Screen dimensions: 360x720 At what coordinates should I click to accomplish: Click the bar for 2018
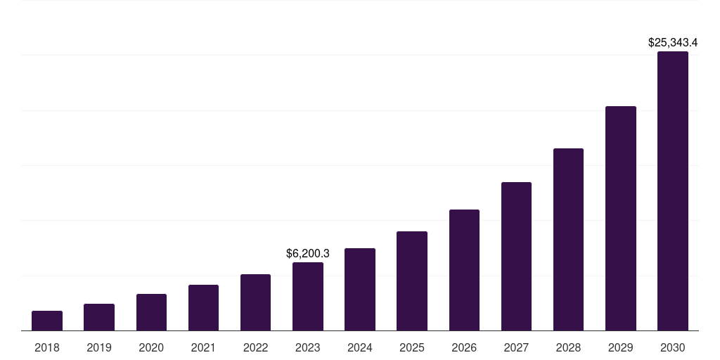47,321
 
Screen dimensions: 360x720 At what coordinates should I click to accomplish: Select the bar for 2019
99,317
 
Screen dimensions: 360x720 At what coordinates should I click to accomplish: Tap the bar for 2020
151,312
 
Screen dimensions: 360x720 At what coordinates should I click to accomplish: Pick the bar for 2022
255,302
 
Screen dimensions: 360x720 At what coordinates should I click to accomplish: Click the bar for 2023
308,296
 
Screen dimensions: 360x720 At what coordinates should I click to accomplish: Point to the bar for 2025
412,281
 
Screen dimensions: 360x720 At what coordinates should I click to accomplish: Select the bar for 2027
516,256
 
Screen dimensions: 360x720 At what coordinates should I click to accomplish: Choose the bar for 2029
621,218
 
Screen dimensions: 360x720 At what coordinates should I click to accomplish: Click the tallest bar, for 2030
673,191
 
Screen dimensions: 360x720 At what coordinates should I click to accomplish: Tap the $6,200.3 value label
308,253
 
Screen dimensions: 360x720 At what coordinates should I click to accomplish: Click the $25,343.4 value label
673,43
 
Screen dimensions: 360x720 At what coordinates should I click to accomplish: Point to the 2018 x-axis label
47,347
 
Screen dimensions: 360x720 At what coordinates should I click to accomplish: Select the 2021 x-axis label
203,347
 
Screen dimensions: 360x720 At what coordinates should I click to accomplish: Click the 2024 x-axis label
360,347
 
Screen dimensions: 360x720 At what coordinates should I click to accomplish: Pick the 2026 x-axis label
464,347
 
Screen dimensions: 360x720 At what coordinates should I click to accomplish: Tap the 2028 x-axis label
568,347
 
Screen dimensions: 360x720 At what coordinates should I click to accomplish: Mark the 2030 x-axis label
673,347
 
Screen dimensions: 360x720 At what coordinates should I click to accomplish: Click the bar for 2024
360,289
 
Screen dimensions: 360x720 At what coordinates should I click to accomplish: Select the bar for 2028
568,239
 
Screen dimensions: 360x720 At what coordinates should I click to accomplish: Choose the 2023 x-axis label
308,347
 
